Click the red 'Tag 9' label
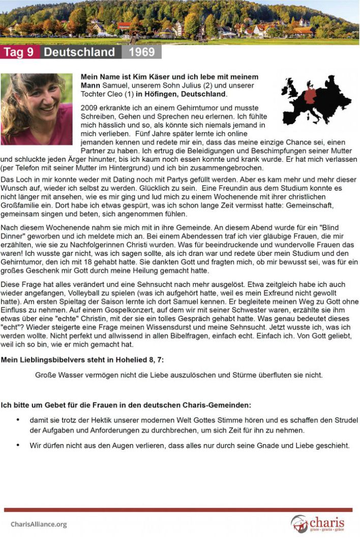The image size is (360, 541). pos(19,52)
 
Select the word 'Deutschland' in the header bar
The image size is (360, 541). pos(79,52)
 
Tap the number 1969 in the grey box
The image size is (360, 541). pos(141,52)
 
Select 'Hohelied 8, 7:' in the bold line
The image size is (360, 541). pos(140,360)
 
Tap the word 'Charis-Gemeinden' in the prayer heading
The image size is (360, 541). pos(219,406)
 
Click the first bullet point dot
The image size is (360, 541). pos(18,420)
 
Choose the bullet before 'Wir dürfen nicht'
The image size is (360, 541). pos(18,445)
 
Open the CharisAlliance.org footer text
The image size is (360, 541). pos(39,524)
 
